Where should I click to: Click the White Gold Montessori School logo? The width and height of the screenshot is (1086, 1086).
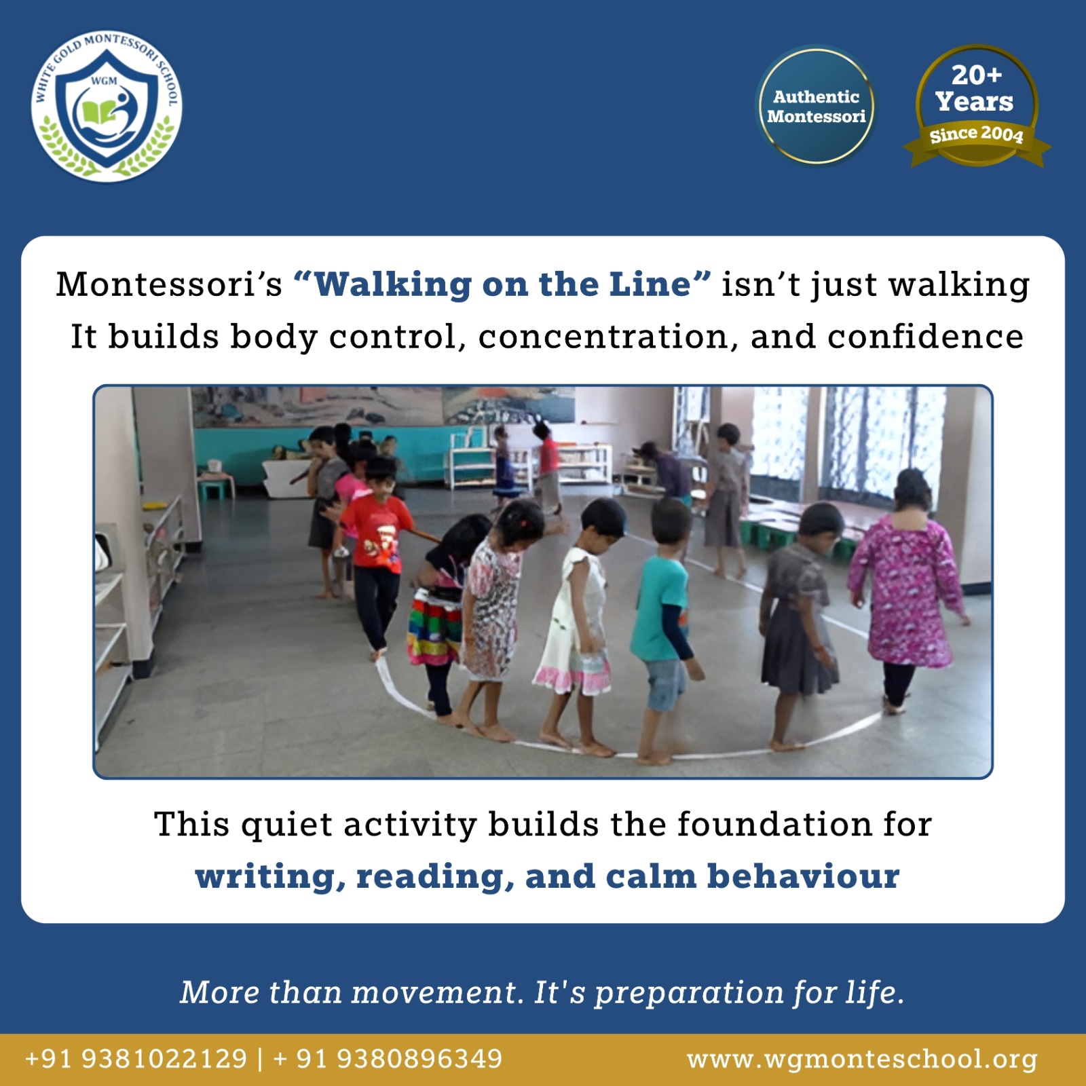coord(107,107)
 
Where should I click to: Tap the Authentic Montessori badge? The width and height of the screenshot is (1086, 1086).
coord(816,107)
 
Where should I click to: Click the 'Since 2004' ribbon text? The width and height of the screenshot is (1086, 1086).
coord(976,134)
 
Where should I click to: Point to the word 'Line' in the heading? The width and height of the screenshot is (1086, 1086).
coord(650,284)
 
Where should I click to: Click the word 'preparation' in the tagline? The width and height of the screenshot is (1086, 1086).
coord(688,993)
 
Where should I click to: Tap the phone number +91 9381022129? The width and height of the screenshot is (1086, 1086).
coord(136,1059)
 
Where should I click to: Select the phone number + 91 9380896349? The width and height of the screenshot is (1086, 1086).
coord(388,1059)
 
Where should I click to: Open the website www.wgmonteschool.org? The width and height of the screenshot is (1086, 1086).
coord(862,1059)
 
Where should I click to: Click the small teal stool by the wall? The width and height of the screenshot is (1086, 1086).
coord(217,487)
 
